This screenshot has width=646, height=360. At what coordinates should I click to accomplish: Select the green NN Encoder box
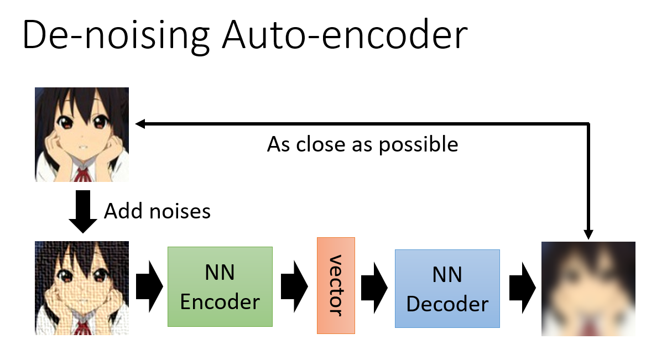pos(220,286)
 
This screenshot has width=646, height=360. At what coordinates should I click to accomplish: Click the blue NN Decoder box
pos(447,289)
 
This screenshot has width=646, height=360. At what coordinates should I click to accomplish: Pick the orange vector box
pos(336,285)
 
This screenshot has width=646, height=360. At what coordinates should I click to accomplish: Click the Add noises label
pos(157,211)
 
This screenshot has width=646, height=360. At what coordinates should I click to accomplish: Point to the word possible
pos(418,145)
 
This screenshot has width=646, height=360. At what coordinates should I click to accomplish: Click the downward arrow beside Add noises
pos(83,212)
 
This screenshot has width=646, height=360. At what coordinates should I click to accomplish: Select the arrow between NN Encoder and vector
pos(294,286)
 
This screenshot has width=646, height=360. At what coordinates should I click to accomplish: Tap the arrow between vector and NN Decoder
pos(374,288)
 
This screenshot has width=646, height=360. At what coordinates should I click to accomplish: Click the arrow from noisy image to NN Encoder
pos(149,286)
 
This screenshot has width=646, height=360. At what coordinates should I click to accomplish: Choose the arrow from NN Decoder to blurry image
pos(523,288)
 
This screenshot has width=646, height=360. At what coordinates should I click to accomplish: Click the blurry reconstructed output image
pos(588,289)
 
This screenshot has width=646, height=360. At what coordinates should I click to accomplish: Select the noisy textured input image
pos(82,288)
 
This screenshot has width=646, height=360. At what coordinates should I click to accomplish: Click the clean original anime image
pos(82,135)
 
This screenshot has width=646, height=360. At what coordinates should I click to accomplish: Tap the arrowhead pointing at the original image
pos(140,123)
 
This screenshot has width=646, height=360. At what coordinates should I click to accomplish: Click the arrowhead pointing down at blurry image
pos(588,234)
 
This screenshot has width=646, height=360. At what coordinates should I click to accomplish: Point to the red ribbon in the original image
pos(81,174)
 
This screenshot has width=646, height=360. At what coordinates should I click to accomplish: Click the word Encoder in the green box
pos(220,302)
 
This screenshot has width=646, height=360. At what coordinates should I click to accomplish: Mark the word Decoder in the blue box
pos(447,304)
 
